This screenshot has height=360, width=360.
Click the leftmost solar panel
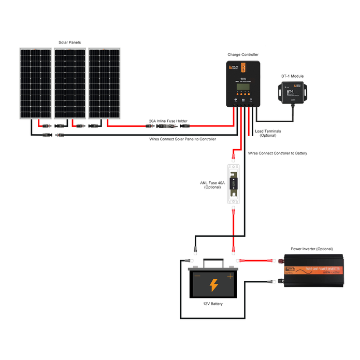[36, 83]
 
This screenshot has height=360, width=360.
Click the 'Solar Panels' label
[69, 42]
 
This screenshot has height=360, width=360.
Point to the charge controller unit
[242, 83]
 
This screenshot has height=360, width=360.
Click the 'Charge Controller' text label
[243, 54]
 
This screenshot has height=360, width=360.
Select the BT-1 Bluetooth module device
[293, 92]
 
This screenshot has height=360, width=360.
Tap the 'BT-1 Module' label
[293, 76]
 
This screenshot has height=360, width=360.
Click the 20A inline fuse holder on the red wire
[168, 125]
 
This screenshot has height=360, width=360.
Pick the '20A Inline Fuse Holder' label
[168, 121]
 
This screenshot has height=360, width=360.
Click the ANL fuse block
[234, 184]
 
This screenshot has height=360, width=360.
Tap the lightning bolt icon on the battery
[213, 285]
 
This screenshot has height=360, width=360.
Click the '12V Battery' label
[213, 304]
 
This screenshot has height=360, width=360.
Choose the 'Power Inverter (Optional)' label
[312, 249]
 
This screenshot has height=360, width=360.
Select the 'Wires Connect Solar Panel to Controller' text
[182, 139]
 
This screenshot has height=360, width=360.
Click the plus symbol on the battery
[230, 276]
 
